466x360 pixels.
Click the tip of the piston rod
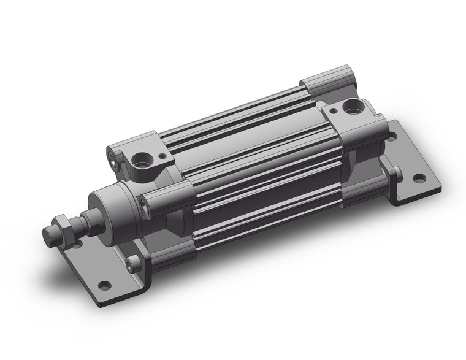coord(49,236)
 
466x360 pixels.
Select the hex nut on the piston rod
coord(63,227)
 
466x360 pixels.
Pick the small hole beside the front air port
coord(163,157)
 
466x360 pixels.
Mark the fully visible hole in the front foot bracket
coord(105,285)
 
